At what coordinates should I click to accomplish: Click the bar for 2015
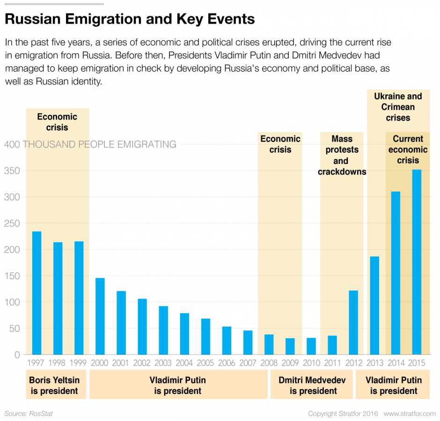(x=417, y=262)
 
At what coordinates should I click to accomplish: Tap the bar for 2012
(x=353, y=322)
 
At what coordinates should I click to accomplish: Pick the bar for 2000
(x=100, y=316)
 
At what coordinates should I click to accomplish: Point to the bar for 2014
(x=396, y=273)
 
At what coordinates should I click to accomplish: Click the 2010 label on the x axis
(x=311, y=363)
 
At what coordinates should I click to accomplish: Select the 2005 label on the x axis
(x=205, y=363)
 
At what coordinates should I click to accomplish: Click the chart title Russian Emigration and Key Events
(x=130, y=19)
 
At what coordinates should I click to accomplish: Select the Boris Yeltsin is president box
(x=56, y=385)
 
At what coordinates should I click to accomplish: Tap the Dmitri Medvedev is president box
(x=312, y=385)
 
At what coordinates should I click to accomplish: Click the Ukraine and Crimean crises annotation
(x=398, y=107)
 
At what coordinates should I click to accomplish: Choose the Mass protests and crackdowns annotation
(x=342, y=155)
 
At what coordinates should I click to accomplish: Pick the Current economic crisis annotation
(x=408, y=150)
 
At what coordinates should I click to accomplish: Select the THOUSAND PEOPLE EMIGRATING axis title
(x=99, y=144)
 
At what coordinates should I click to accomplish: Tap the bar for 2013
(x=374, y=306)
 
